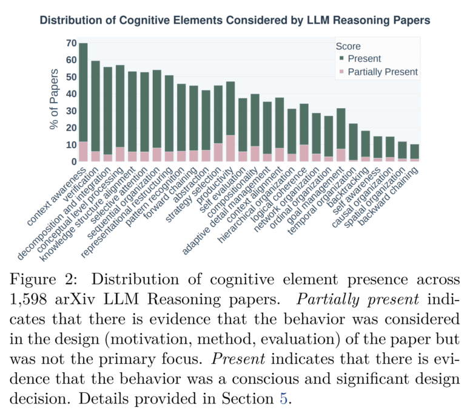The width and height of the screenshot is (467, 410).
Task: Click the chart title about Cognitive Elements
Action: pyautogui.click(x=235, y=21)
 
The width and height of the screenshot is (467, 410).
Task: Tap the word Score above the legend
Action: pyautogui.click(x=348, y=46)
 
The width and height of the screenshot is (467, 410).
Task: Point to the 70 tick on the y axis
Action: pyautogui.click(x=71, y=44)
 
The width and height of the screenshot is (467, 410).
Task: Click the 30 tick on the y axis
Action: pyautogui.click(x=71, y=111)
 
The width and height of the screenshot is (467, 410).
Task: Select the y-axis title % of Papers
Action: pyautogui.click(x=55, y=102)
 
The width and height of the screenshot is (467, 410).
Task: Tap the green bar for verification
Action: pyautogui.click(x=95, y=106)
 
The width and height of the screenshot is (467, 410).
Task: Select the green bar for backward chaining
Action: pyautogui.click(x=414, y=151)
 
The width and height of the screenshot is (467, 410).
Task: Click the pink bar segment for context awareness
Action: pyautogui.click(x=83, y=152)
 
